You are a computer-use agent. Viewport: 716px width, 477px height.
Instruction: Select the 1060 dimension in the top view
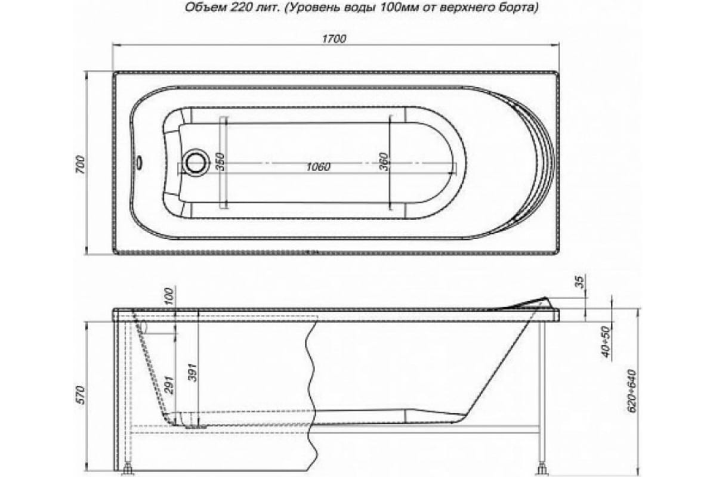(320, 168)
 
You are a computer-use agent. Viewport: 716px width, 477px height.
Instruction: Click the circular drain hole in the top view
(195, 162)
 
